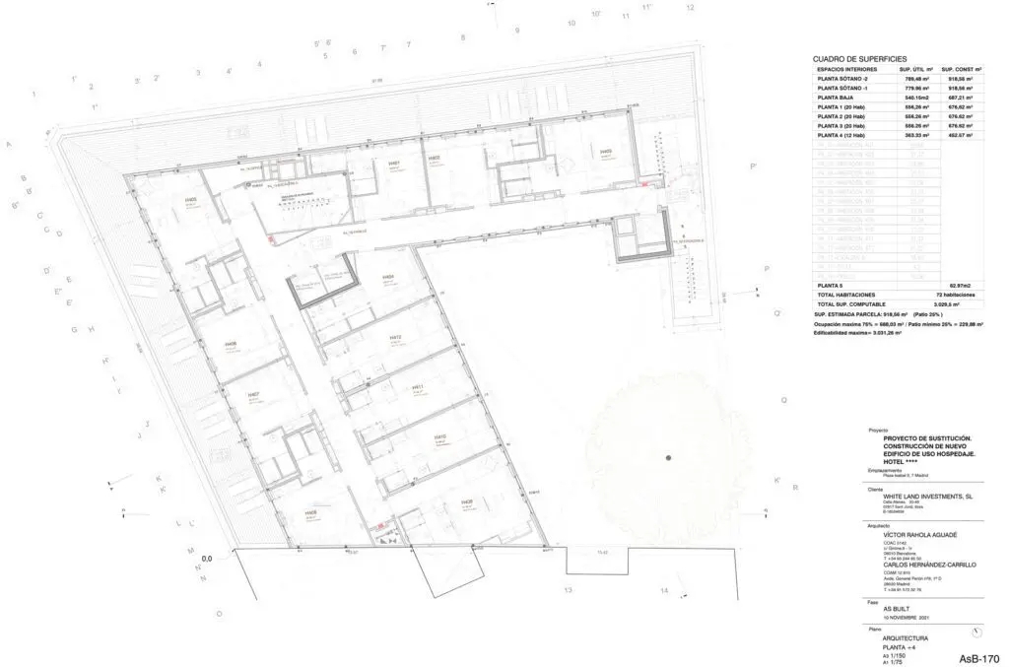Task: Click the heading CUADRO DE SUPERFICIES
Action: pos(860,60)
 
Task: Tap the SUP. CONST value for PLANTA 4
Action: pos(957,135)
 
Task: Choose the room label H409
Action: pos(604,151)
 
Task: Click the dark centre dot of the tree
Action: pos(668,456)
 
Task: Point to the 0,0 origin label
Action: pos(207,559)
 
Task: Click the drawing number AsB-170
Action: pos(978,656)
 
